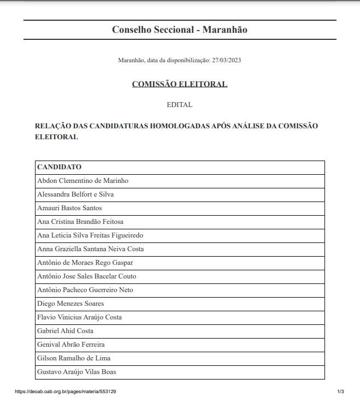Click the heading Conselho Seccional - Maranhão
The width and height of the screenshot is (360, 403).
179,29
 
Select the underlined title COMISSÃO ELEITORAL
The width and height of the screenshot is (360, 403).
180,84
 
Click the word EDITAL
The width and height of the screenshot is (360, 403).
180,104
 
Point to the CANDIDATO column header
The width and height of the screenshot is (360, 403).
59,167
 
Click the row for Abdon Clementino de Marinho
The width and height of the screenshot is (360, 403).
82,181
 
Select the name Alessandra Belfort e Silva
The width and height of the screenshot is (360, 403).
75,194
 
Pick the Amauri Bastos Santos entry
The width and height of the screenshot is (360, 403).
69,208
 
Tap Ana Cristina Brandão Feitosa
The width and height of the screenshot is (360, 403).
80,222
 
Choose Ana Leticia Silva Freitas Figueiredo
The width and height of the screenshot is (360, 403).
90,235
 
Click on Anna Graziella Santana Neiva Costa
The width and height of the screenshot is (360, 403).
90,249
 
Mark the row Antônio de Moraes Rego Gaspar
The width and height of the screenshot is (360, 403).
85,263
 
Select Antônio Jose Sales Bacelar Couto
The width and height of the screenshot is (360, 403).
87,276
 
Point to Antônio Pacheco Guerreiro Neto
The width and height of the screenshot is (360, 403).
85,290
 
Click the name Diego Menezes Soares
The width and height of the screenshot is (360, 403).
70,304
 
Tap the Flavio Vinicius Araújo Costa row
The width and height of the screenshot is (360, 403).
79,317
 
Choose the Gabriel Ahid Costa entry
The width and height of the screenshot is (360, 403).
65,331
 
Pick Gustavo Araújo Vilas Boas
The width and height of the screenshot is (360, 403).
76,372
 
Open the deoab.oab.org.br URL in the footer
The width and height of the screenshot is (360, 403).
65,392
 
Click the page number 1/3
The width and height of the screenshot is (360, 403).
340,392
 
